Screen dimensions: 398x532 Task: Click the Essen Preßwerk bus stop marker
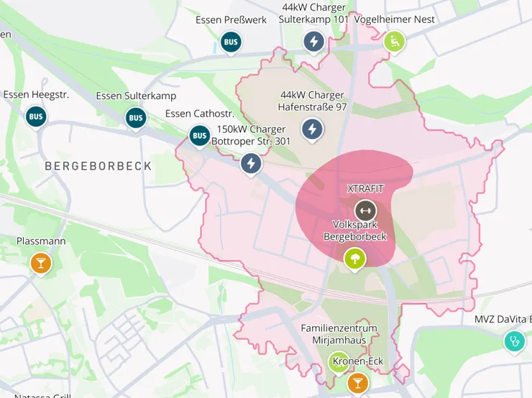(x=231, y=42)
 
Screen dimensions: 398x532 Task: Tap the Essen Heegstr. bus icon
(x=36, y=116)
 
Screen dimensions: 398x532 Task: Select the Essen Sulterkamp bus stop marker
(x=135, y=118)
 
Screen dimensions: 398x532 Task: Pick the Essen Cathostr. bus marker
(x=199, y=135)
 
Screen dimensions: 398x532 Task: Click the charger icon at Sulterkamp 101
(x=313, y=42)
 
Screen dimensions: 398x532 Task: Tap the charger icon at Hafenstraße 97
(x=312, y=129)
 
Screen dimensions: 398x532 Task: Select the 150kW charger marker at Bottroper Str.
(x=251, y=164)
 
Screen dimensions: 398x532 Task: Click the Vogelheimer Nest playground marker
(x=394, y=42)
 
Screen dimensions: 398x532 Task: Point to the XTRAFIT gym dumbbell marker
(x=365, y=210)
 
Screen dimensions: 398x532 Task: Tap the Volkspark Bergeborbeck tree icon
(x=354, y=258)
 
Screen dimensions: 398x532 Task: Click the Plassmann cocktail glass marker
(x=41, y=264)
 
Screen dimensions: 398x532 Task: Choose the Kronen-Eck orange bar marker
(x=357, y=383)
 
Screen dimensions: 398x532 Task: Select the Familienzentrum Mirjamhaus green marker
(x=338, y=363)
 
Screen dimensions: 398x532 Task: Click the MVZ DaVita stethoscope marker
(x=514, y=341)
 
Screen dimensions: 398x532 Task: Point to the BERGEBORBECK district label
(x=98, y=166)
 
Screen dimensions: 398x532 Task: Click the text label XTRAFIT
(x=365, y=189)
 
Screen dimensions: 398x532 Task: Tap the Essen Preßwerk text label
(x=231, y=19)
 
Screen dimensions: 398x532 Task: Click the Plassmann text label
(x=41, y=241)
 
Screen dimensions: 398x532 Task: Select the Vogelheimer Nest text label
(x=395, y=19)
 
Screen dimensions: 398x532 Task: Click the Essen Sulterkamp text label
(x=136, y=96)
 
